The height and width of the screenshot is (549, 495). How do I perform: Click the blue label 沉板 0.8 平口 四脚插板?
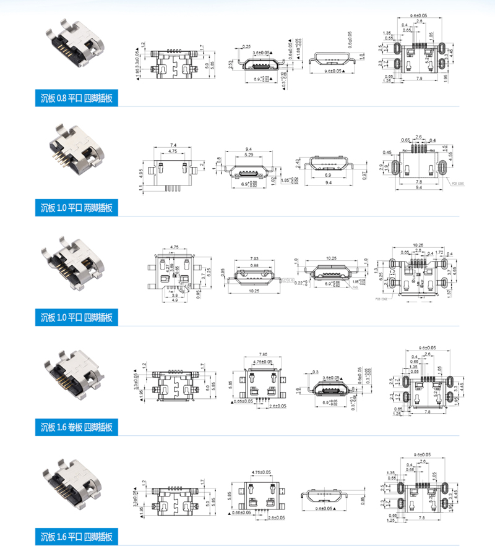tap(76, 98)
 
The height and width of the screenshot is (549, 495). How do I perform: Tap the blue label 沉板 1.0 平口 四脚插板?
tap(76, 318)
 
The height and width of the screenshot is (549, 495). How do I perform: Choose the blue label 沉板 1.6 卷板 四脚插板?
tap(76, 427)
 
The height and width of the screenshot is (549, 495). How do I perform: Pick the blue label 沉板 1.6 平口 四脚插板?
tap(76, 535)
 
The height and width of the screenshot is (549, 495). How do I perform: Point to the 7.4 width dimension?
tap(173, 143)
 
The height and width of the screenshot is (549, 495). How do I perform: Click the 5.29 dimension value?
tap(248, 155)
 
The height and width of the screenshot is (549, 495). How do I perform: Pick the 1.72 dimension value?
tap(439, 252)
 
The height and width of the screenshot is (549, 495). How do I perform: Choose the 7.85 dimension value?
tap(262, 354)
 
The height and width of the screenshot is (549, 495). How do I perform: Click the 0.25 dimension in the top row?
tap(246, 47)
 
